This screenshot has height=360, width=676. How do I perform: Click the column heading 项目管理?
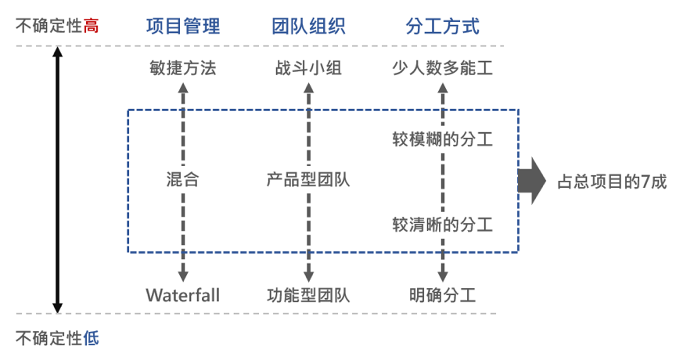click(x=183, y=27)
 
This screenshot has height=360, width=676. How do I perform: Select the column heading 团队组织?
click(x=308, y=27)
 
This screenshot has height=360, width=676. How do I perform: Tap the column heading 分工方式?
click(x=443, y=27)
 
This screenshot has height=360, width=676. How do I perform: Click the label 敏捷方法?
click(x=183, y=68)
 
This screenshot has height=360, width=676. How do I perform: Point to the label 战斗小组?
click(x=308, y=68)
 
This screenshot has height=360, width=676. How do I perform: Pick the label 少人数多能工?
click(x=443, y=68)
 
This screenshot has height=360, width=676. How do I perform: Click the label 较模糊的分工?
click(x=443, y=139)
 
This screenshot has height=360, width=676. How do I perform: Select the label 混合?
click(x=183, y=179)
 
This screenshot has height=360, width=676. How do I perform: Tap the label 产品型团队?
click(x=308, y=179)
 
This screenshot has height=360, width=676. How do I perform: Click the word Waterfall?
click(x=183, y=296)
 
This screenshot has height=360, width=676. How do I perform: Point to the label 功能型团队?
click(x=308, y=296)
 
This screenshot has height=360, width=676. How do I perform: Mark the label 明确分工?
click(x=443, y=296)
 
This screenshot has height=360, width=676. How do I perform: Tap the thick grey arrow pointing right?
click(x=531, y=181)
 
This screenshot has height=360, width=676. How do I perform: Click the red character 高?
click(x=92, y=27)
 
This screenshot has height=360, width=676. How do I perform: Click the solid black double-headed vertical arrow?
click(x=57, y=181)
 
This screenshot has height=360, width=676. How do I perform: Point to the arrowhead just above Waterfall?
click(x=183, y=276)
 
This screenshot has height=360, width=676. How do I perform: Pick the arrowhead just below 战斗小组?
click(x=308, y=87)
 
